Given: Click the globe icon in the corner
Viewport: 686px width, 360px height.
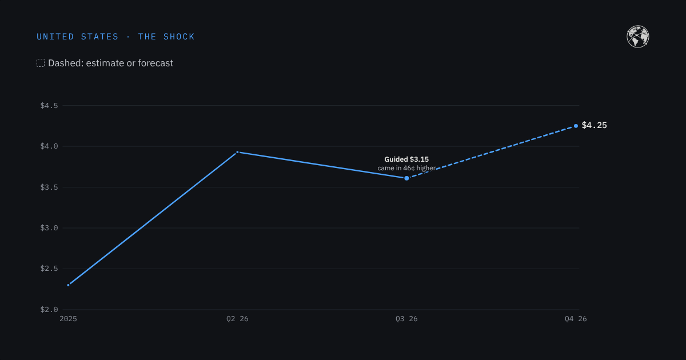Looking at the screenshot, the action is tap(637, 37).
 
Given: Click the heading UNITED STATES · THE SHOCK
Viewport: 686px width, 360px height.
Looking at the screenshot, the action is tap(115, 37).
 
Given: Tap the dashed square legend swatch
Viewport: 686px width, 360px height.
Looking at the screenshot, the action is tap(41, 63).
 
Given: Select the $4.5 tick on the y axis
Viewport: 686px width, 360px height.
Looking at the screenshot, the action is tap(49, 106).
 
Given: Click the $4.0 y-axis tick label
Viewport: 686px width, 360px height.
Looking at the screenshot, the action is tap(49, 146).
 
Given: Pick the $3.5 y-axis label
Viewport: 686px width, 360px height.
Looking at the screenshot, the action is tap(49, 187).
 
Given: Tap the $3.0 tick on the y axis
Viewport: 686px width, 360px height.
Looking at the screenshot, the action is tap(49, 228).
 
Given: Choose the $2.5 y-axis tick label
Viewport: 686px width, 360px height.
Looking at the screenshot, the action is tap(49, 269).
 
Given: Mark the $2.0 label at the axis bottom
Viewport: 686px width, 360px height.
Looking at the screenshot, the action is tap(49, 310).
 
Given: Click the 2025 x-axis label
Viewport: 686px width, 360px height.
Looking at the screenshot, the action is tap(68, 319).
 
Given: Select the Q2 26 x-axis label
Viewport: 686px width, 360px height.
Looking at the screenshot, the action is tap(237, 319).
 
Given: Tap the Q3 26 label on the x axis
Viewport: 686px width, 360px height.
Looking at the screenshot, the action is tap(406, 319).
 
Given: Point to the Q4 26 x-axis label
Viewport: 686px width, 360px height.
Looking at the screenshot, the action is tap(576, 319).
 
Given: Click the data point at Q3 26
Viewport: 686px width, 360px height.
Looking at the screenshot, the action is tap(406, 178).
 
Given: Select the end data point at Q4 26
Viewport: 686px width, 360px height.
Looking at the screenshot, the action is tap(576, 126).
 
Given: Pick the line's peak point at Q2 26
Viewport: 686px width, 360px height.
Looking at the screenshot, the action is tap(237, 152).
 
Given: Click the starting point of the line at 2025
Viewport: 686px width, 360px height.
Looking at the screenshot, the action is tap(68, 285).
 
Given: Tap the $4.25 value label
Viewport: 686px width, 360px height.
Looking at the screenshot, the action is tap(594, 126).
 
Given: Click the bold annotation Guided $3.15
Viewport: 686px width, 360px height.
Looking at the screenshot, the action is tap(406, 159).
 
